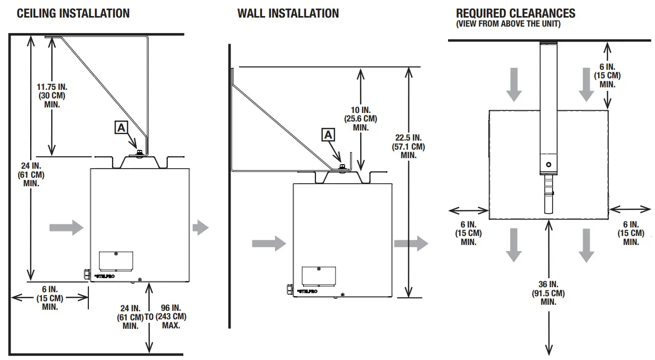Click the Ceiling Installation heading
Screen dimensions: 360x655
pos(73,14)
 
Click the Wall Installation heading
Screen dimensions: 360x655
pos(288,14)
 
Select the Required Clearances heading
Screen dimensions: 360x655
pos(515,14)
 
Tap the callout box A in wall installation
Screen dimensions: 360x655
pos(327,134)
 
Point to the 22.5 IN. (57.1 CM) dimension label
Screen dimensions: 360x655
pos(408,146)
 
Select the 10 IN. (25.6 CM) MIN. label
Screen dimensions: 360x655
pos(361,118)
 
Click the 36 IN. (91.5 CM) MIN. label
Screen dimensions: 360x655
pos(548,293)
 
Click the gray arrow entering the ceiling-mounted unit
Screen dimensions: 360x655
pos(66,227)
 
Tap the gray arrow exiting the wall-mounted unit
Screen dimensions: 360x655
pos(411,244)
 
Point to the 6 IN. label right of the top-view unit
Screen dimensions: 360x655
pos(631,233)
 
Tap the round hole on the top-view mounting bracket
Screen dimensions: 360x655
pos(548,164)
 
